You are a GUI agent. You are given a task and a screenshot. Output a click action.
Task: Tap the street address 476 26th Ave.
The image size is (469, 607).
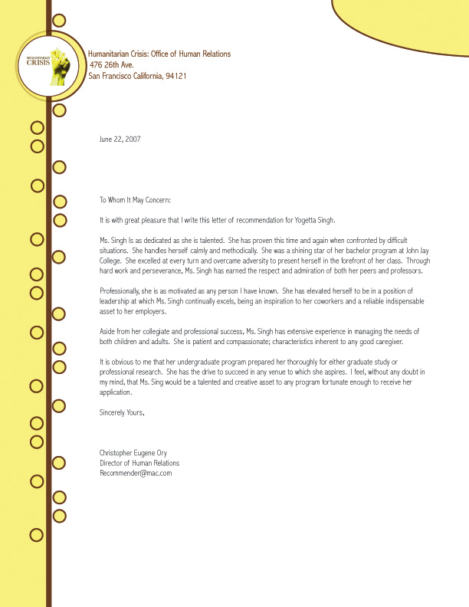click(x=117, y=65)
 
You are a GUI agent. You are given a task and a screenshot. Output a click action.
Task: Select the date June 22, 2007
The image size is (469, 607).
click(x=120, y=139)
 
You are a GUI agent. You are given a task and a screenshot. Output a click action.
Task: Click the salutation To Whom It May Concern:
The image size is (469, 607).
click(x=140, y=200)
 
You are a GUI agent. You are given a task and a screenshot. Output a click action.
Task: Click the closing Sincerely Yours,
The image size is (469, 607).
click(x=122, y=412)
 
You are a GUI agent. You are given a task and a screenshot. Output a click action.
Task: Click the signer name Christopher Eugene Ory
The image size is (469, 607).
click(x=139, y=453)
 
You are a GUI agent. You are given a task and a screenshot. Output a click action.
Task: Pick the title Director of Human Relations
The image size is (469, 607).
click(x=139, y=463)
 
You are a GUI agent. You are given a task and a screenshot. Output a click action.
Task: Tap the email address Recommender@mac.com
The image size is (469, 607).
click(x=136, y=473)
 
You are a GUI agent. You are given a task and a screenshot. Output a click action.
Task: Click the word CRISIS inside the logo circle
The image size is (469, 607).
click(x=38, y=63)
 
